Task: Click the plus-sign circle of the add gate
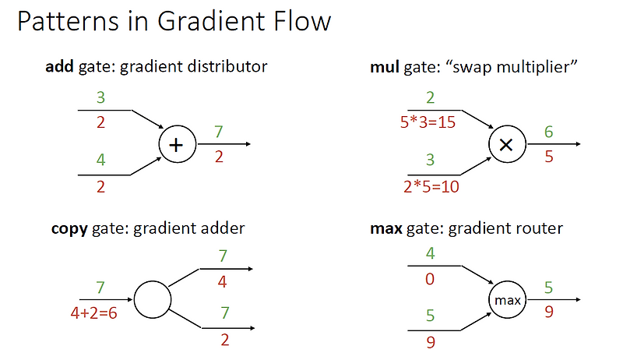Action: point(177,144)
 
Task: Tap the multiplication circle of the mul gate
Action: point(506,144)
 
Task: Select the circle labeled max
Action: point(507,300)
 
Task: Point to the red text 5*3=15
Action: point(428,122)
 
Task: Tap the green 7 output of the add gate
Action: point(220,132)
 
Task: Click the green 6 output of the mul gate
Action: point(549,132)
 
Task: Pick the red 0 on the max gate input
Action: point(430,278)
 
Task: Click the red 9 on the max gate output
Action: point(549,311)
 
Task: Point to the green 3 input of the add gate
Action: point(100,98)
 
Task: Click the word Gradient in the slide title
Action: point(193,21)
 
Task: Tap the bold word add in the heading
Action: point(60,66)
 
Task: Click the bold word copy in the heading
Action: point(69,228)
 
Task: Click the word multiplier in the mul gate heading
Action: point(538,66)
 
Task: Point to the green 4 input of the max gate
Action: point(430,254)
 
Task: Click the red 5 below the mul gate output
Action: point(549,156)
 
